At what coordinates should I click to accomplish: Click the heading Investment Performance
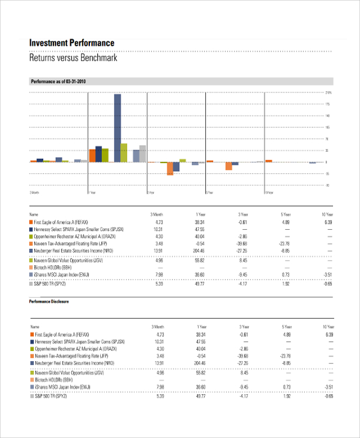point(71,43)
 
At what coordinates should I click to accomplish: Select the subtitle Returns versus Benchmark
point(73,58)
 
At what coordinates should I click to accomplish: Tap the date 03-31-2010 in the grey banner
point(76,81)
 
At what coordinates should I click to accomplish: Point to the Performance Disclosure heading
point(49,301)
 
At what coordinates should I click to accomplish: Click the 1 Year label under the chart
point(92,193)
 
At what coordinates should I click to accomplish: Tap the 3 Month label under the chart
point(34,193)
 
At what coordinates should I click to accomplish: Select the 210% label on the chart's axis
point(328,93)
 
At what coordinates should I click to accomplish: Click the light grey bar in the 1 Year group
point(143,154)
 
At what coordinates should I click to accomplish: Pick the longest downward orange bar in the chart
point(170,169)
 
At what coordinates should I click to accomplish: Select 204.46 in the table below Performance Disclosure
point(199,364)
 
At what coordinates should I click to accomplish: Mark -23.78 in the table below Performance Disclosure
point(284,356)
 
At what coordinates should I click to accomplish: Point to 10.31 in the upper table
point(158,229)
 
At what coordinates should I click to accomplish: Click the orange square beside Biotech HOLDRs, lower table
point(32,380)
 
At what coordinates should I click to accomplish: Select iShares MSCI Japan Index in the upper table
point(65,275)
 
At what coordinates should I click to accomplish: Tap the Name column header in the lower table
point(33,326)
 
